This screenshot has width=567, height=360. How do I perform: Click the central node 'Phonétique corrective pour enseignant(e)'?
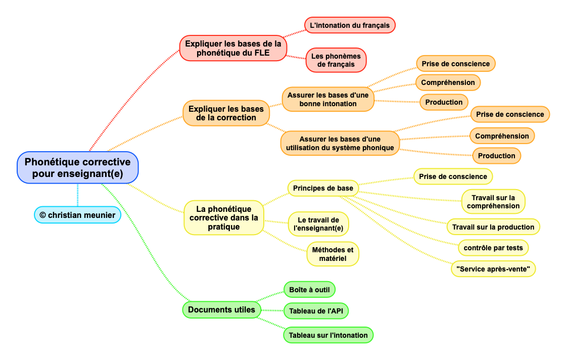point(77,168)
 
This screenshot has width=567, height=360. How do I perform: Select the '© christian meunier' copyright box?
point(77,215)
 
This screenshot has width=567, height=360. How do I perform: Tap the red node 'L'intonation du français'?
point(350,25)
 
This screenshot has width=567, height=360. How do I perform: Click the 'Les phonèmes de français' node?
point(336,60)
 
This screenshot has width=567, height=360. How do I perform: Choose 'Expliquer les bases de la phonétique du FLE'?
point(233,48)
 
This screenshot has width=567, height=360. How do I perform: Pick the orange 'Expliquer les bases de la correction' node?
point(226,113)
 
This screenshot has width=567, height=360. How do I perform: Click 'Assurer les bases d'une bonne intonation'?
point(328,99)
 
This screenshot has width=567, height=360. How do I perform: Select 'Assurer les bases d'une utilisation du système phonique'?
point(340,143)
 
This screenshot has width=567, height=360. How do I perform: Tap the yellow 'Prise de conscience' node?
point(453,176)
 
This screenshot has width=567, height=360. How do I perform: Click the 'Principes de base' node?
point(323,188)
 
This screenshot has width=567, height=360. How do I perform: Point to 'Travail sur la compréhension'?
point(493,202)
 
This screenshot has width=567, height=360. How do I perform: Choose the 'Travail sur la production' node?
point(493,227)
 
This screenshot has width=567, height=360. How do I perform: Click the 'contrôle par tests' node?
point(493,248)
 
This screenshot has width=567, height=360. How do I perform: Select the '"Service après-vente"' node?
point(493,269)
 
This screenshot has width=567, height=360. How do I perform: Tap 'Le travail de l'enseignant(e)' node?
point(318,224)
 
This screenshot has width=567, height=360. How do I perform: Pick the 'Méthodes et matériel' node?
point(333,254)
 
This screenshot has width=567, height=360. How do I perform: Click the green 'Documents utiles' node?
point(221,309)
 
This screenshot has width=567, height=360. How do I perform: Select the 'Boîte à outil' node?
point(309,290)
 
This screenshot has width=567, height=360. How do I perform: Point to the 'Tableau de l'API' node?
point(316,311)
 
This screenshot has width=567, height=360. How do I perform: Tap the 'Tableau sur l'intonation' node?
point(328,335)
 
